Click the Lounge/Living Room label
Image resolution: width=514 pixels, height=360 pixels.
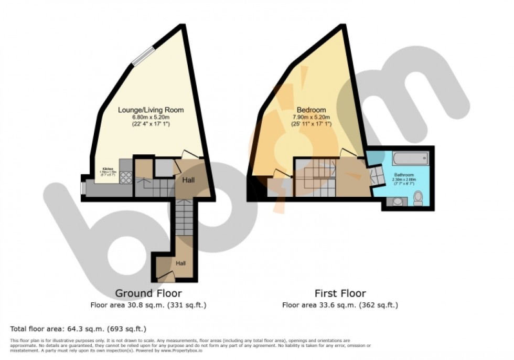point(151,110)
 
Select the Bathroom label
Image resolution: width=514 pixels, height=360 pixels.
point(404,175)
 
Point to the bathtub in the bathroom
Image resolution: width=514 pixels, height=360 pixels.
point(406,158)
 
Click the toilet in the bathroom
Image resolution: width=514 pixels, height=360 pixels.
point(418,198)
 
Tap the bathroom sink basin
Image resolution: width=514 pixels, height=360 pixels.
point(395,200)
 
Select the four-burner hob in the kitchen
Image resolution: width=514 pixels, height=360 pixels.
point(126,177)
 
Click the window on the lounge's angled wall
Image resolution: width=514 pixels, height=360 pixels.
point(143,56)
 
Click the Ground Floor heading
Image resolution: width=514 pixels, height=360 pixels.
point(148,293)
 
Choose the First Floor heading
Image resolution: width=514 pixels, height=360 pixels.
point(340,293)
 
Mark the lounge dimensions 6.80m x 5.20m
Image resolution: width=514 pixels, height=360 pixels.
point(151,118)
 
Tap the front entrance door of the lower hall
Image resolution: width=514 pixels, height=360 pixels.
point(166,275)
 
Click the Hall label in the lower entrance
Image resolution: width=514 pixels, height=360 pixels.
point(181,263)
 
